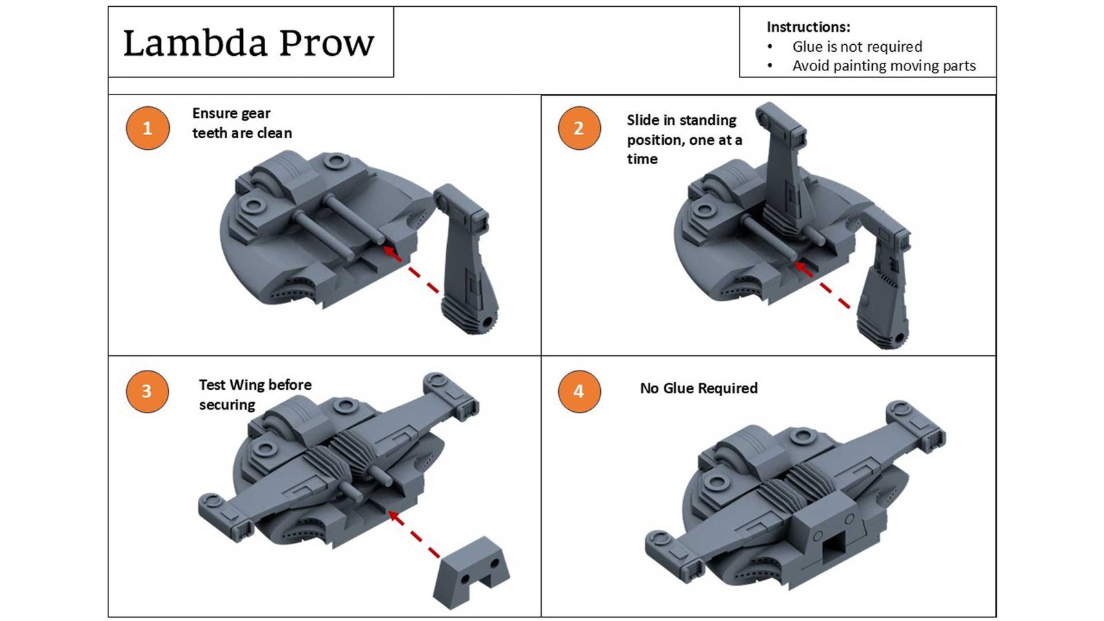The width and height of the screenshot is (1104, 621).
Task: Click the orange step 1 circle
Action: click(147, 128)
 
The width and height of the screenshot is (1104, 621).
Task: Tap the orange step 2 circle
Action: click(579, 128)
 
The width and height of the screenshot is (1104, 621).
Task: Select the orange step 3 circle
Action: click(147, 391)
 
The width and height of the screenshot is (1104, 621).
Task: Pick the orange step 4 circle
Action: click(579, 391)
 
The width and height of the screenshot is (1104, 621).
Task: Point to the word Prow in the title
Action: click(327, 43)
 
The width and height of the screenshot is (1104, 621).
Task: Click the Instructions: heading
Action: click(808, 27)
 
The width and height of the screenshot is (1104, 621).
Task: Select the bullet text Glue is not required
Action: click(856, 46)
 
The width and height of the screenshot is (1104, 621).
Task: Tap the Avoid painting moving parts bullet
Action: click(883, 66)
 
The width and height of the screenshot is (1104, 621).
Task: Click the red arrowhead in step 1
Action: click(391, 253)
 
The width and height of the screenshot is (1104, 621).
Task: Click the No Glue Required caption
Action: click(698, 388)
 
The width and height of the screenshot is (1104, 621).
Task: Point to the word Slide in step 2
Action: click(642, 120)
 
